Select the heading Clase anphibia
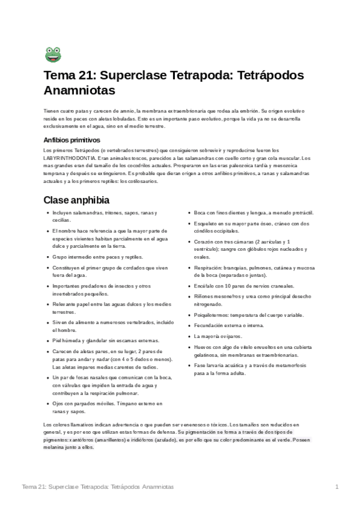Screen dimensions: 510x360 pos(76,200)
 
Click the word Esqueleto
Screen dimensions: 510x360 pos(206,223)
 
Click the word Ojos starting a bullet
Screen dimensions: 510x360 pos(58,404)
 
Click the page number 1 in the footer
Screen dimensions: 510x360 pos(338,486)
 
